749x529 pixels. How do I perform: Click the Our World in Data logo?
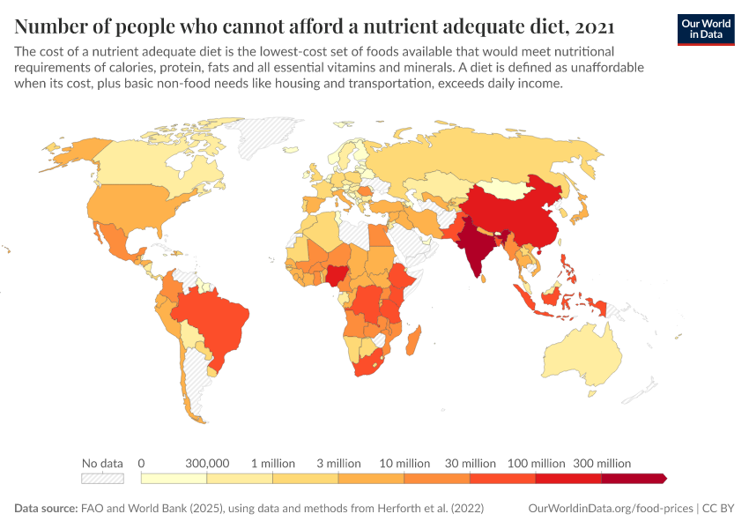tap(706, 29)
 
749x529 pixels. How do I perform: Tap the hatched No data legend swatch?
tap(102, 479)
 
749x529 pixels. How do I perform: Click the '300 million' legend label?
tap(603, 463)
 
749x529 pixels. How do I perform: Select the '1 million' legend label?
tap(273, 463)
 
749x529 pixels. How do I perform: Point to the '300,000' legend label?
tap(207, 463)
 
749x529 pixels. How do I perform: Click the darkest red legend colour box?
tap(633, 479)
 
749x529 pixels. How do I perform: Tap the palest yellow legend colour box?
tap(174, 479)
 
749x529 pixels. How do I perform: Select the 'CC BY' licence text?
tap(718, 509)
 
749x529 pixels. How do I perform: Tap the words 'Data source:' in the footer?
tap(45, 509)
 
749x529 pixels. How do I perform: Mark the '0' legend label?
tap(141, 463)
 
